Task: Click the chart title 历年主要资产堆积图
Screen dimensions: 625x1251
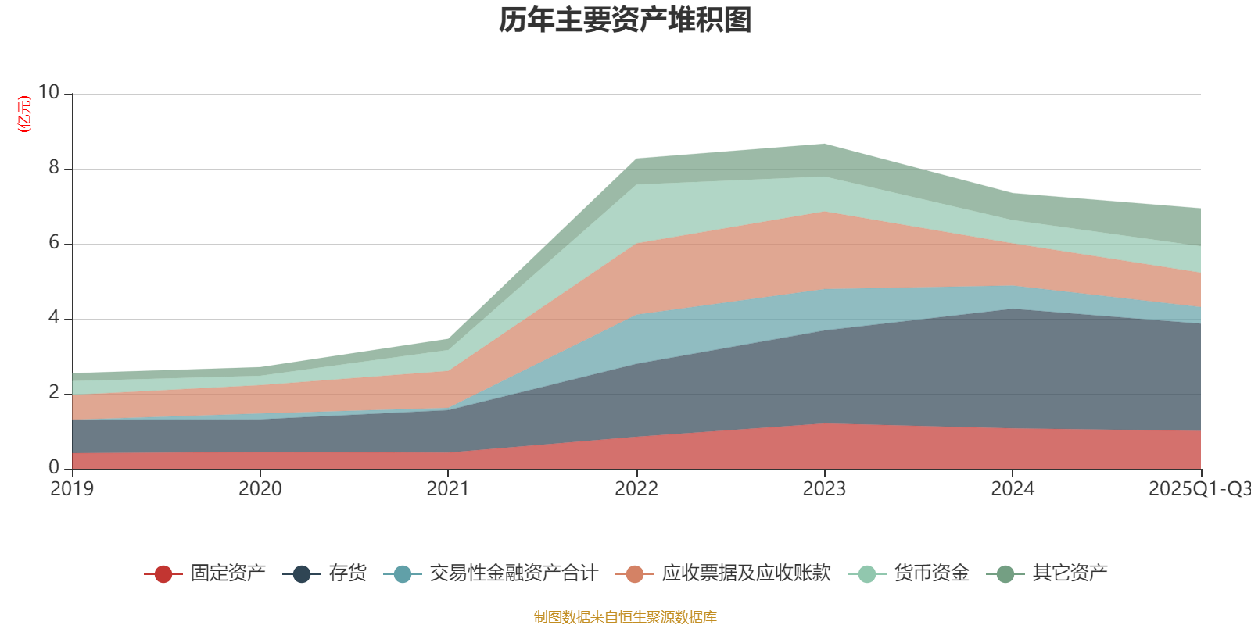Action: click(625, 20)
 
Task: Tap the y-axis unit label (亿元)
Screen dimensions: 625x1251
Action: click(25, 114)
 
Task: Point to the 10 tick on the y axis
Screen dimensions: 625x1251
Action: click(48, 93)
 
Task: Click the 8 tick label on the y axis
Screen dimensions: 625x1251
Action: click(54, 168)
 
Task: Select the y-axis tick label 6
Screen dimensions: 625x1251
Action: click(54, 243)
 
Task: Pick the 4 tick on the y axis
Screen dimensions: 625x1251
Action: click(54, 318)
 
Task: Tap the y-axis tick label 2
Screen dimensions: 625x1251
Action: click(54, 393)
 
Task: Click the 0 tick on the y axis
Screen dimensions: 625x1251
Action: click(54, 468)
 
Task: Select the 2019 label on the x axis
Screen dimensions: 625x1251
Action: click(72, 489)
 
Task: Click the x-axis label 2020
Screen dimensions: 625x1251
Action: click(260, 489)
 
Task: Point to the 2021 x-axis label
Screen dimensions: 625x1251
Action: click(448, 489)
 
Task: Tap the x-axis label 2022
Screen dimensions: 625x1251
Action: click(636, 489)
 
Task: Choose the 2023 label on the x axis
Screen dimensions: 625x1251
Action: click(824, 489)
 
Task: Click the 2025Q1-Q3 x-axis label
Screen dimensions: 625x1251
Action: click(1199, 489)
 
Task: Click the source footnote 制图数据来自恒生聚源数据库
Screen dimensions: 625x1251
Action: click(625, 617)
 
